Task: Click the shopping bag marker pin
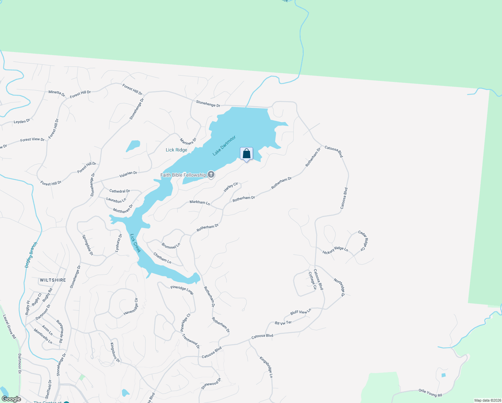[246, 154]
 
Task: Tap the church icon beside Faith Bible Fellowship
[211, 174]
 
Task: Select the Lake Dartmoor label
[224, 146]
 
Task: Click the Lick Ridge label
[176, 150]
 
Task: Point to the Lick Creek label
[135, 243]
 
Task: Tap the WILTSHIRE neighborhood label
[53, 280]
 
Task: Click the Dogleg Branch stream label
[31, 255]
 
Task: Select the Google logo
[11, 399]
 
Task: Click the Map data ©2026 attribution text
[487, 400]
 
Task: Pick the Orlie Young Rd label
[430, 393]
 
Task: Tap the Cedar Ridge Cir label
[363, 240]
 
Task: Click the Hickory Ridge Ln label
[335, 250]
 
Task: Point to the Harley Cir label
[231, 187]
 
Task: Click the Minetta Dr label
[57, 93]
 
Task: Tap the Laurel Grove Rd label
[9, 326]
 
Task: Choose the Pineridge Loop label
[182, 290]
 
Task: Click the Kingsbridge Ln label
[266, 367]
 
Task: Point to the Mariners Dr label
[188, 141]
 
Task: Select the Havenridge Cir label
[131, 307]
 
